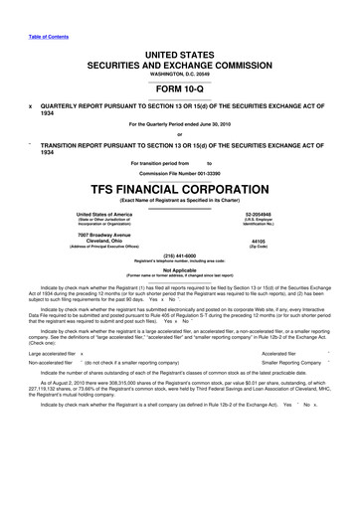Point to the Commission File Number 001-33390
click(x=179, y=173)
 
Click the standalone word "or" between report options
click(x=179, y=136)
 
